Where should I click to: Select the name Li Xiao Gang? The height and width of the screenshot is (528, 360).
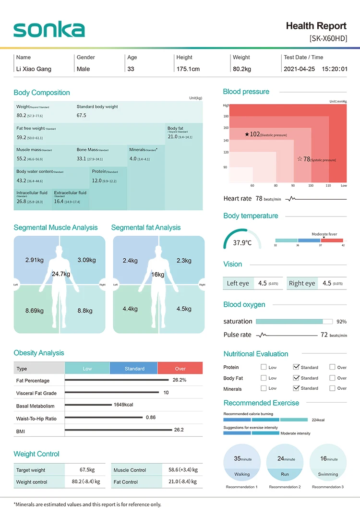point(34,69)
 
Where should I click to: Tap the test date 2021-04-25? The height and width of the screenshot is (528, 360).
point(299,69)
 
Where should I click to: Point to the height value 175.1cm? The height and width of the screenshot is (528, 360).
point(188,69)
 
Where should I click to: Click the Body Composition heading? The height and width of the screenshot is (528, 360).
point(42,93)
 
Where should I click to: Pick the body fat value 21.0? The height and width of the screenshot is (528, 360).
point(173,137)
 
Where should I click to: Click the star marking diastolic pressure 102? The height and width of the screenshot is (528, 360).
point(247,134)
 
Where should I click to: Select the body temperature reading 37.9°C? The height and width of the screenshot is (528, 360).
point(242,243)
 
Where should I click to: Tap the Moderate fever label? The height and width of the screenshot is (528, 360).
point(324,234)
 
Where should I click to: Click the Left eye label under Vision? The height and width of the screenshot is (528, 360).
point(238,284)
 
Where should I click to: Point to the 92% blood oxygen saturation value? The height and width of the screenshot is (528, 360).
point(341,322)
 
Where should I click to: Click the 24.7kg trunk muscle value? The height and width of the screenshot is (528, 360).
point(61,274)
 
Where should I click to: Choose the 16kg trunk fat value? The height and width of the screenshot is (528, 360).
point(157,275)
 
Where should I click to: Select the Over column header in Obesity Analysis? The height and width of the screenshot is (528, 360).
point(180,369)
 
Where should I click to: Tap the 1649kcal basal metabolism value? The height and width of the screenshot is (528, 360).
point(123,405)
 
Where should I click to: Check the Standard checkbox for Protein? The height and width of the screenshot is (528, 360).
point(296,367)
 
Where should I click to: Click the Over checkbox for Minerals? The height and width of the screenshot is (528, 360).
point(332,388)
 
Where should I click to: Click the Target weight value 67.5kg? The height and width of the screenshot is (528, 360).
point(87,470)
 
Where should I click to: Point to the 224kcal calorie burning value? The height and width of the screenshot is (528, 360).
point(318,420)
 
